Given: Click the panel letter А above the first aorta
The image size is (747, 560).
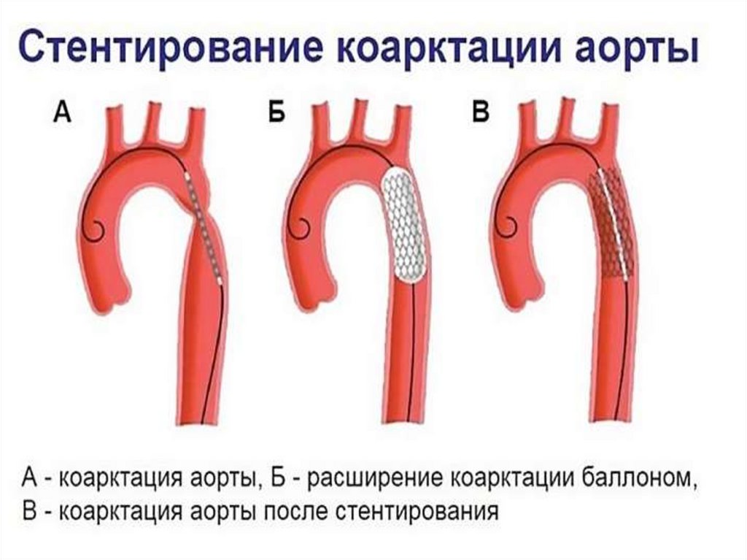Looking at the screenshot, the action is [62, 114].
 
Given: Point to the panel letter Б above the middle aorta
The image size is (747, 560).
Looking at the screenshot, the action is [276, 114].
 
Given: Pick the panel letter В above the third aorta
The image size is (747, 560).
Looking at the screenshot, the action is [481, 114].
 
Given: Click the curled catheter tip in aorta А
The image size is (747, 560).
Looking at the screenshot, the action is [95, 229].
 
